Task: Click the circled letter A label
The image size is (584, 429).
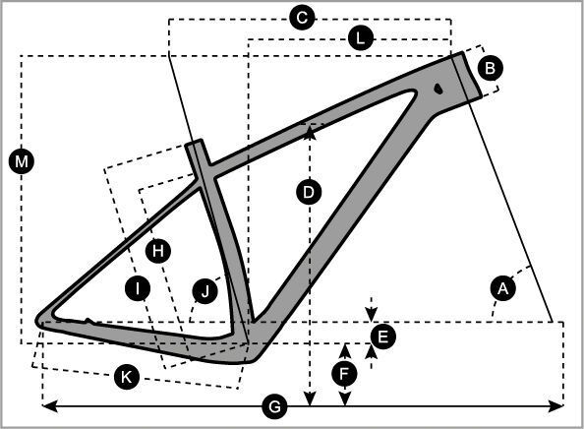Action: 503,288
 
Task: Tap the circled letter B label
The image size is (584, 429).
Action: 491,68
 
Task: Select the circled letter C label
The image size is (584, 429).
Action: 303,17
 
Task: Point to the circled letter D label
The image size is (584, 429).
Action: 309,192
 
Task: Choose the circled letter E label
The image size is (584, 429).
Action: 382,337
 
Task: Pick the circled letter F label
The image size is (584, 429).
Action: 344,374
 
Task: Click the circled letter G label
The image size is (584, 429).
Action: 274,406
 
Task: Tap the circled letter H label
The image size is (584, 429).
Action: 158,251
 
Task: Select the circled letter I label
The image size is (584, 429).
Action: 138,288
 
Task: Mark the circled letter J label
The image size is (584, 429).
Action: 205,291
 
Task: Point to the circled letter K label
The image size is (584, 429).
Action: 127,377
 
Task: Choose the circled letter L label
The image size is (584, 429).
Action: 361,38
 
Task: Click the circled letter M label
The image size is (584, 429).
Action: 22,161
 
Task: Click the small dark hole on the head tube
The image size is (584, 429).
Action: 438,89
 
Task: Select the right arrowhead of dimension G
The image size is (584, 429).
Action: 555,406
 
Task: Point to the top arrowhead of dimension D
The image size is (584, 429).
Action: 310,132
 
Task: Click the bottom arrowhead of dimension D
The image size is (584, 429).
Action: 310,398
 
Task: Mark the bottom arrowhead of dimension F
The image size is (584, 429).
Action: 345,398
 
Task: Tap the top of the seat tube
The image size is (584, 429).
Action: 194,142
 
